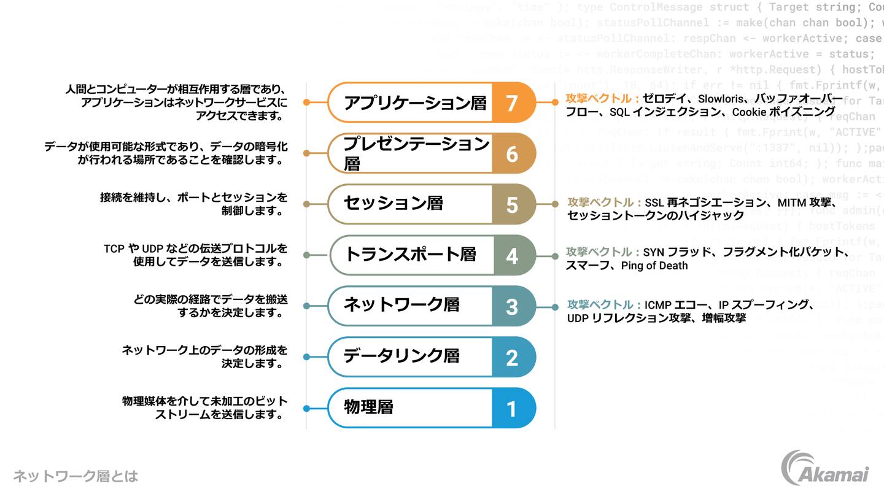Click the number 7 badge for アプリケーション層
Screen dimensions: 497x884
[x=512, y=102]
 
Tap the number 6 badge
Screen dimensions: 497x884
[x=512, y=153]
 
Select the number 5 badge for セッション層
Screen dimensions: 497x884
[x=512, y=204]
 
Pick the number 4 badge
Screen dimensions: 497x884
[x=512, y=255]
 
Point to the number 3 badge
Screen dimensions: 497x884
[x=512, y=306]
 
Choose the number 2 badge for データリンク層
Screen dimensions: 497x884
[x=512, y=357]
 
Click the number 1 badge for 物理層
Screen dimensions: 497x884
[x=512, y=408]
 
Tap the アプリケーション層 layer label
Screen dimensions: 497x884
[x=415, y=102]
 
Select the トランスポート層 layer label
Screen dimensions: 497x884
[x=411, y=254]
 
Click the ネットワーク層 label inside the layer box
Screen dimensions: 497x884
[x=401, y=304]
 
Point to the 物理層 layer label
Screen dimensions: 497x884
[x=368, y=407]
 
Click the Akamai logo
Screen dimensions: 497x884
[x=826, y=469]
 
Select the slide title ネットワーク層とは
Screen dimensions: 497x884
[x=76, y=476]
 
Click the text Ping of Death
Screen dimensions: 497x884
[x=654, y=266]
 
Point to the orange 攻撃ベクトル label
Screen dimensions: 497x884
[x=602, y=99]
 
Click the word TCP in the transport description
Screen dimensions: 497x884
[x=114, y=248]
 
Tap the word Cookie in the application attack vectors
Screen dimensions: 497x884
[x=749, y=112]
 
